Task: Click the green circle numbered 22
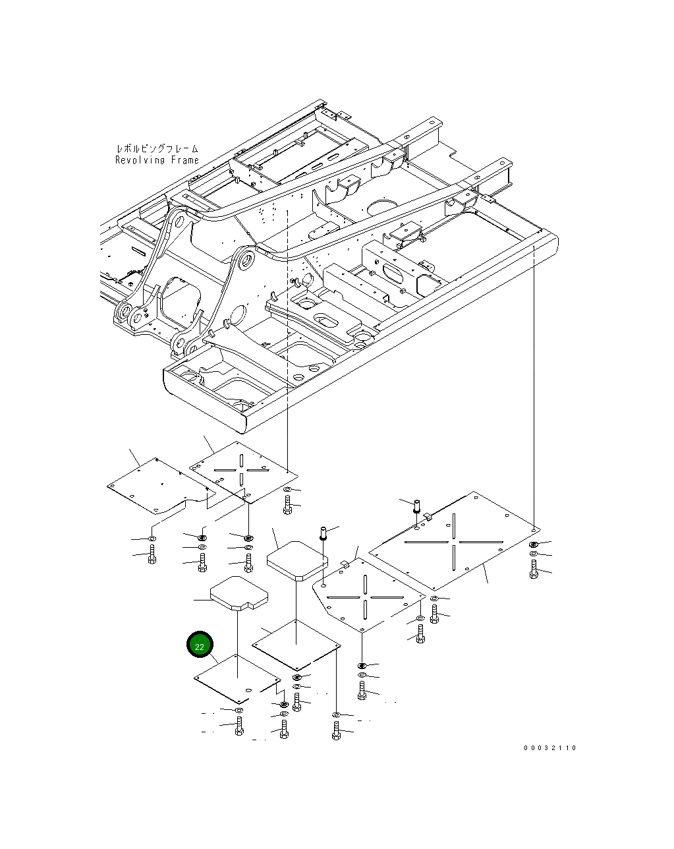pos(200,645)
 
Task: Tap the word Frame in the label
pos(185,160)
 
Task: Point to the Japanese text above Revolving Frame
pos(157,149)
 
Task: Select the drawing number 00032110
pos(550,748)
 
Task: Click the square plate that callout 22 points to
pos(237,679)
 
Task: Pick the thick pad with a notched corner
pos(239,593)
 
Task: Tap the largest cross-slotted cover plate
pos(455,541)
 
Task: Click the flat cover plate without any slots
pos(161,486)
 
